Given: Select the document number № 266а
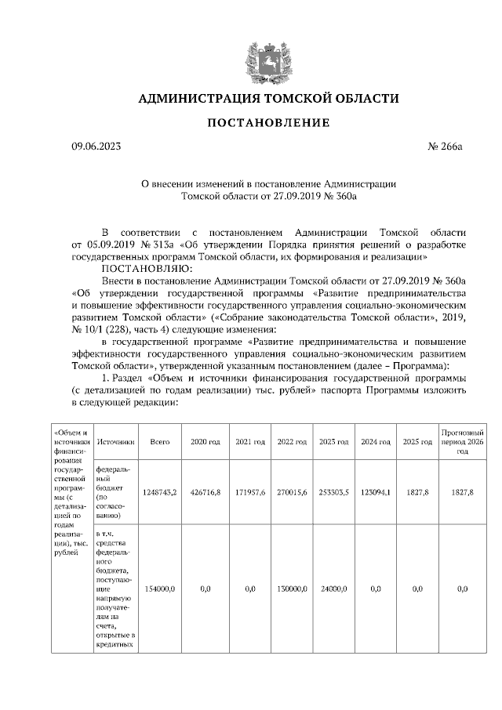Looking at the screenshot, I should (446, 146).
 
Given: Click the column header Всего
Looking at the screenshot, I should (160, 443).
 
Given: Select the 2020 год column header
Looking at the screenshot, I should (206, 443).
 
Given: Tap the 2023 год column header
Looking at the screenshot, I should (333, 443).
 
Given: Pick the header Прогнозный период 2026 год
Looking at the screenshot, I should (462, 443).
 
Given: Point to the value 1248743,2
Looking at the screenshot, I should (160, 491).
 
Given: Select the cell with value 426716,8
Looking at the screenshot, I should (206, 491).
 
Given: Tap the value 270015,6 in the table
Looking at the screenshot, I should (291, 491).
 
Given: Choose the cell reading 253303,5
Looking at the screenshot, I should (333, 491).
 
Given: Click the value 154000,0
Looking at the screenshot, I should (160, 588).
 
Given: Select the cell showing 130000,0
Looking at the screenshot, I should (291, 588).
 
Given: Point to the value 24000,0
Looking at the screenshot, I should (333, 588).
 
